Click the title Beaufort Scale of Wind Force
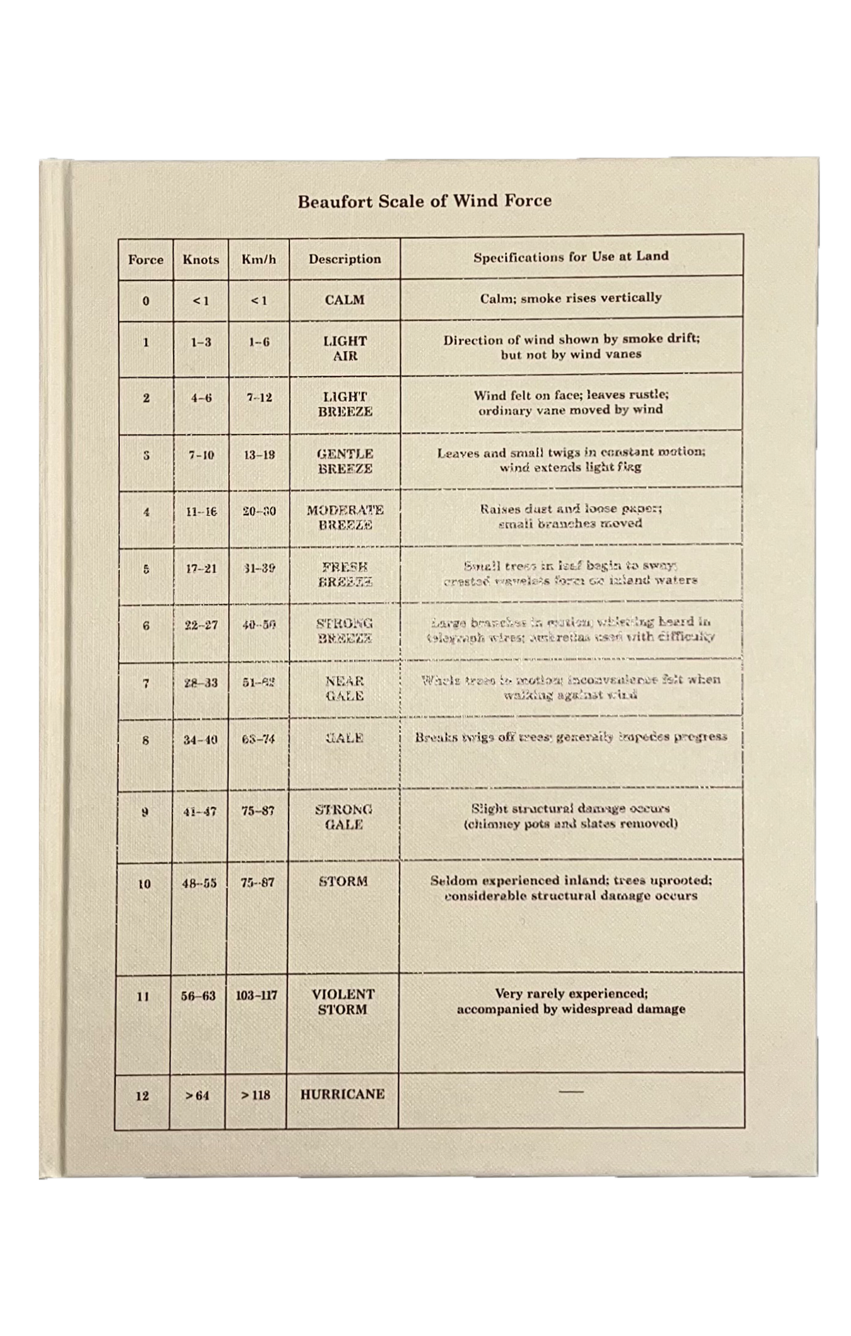(424, 201)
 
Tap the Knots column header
(201, 259)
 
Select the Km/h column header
(258, 259)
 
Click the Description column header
(345, 258)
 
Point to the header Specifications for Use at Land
(571, 256)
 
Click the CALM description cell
(345, 300)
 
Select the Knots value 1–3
(201, 342)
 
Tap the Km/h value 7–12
(259, 398)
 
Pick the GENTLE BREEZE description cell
(345, 461)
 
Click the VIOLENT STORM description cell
(343, 1002)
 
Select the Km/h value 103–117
(256, 995)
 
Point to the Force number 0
(146, 301)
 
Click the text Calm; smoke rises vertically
(571, 298)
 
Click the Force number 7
(146, 684)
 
